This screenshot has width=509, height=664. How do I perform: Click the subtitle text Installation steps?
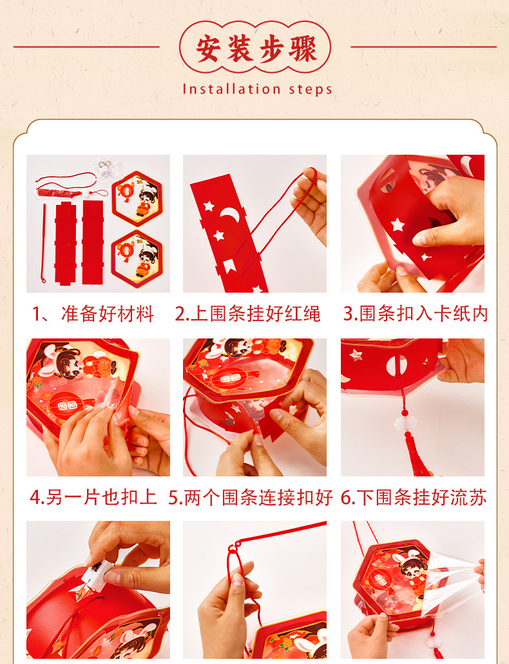[257, 90]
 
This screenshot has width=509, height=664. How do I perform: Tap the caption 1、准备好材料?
[93, 314]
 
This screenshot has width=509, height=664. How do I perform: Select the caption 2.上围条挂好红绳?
[247, 314]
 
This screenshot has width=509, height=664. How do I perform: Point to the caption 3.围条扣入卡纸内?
[415, 314]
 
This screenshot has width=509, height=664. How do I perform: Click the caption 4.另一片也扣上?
[93, 497]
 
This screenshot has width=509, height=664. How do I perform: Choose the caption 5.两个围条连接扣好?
[251, 497]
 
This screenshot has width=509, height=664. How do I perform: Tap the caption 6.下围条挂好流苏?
[414, 497]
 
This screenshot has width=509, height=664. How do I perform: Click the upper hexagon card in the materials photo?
[137, 198]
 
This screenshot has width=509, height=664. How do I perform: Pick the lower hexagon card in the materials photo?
[137, 259]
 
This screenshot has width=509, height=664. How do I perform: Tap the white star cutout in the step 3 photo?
[398, 224]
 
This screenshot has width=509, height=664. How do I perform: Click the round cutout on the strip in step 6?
[397, 365]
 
